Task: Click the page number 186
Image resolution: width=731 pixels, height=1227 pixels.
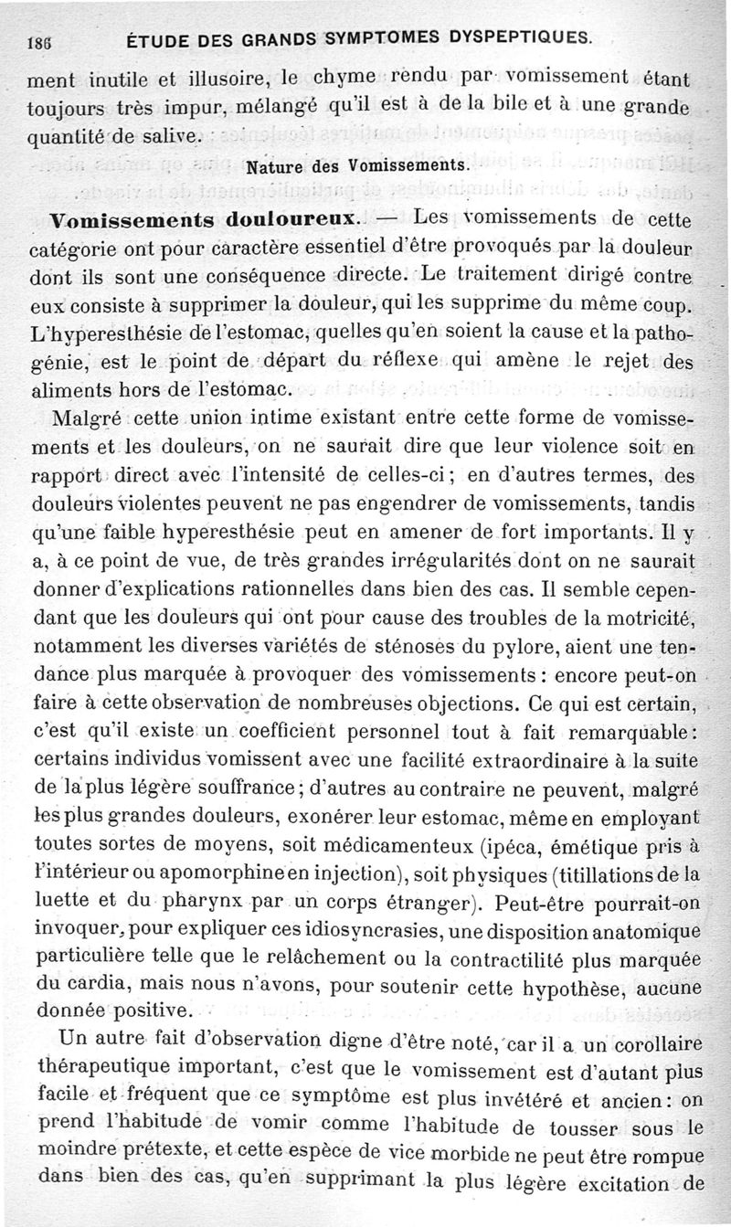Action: [38, 39]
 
